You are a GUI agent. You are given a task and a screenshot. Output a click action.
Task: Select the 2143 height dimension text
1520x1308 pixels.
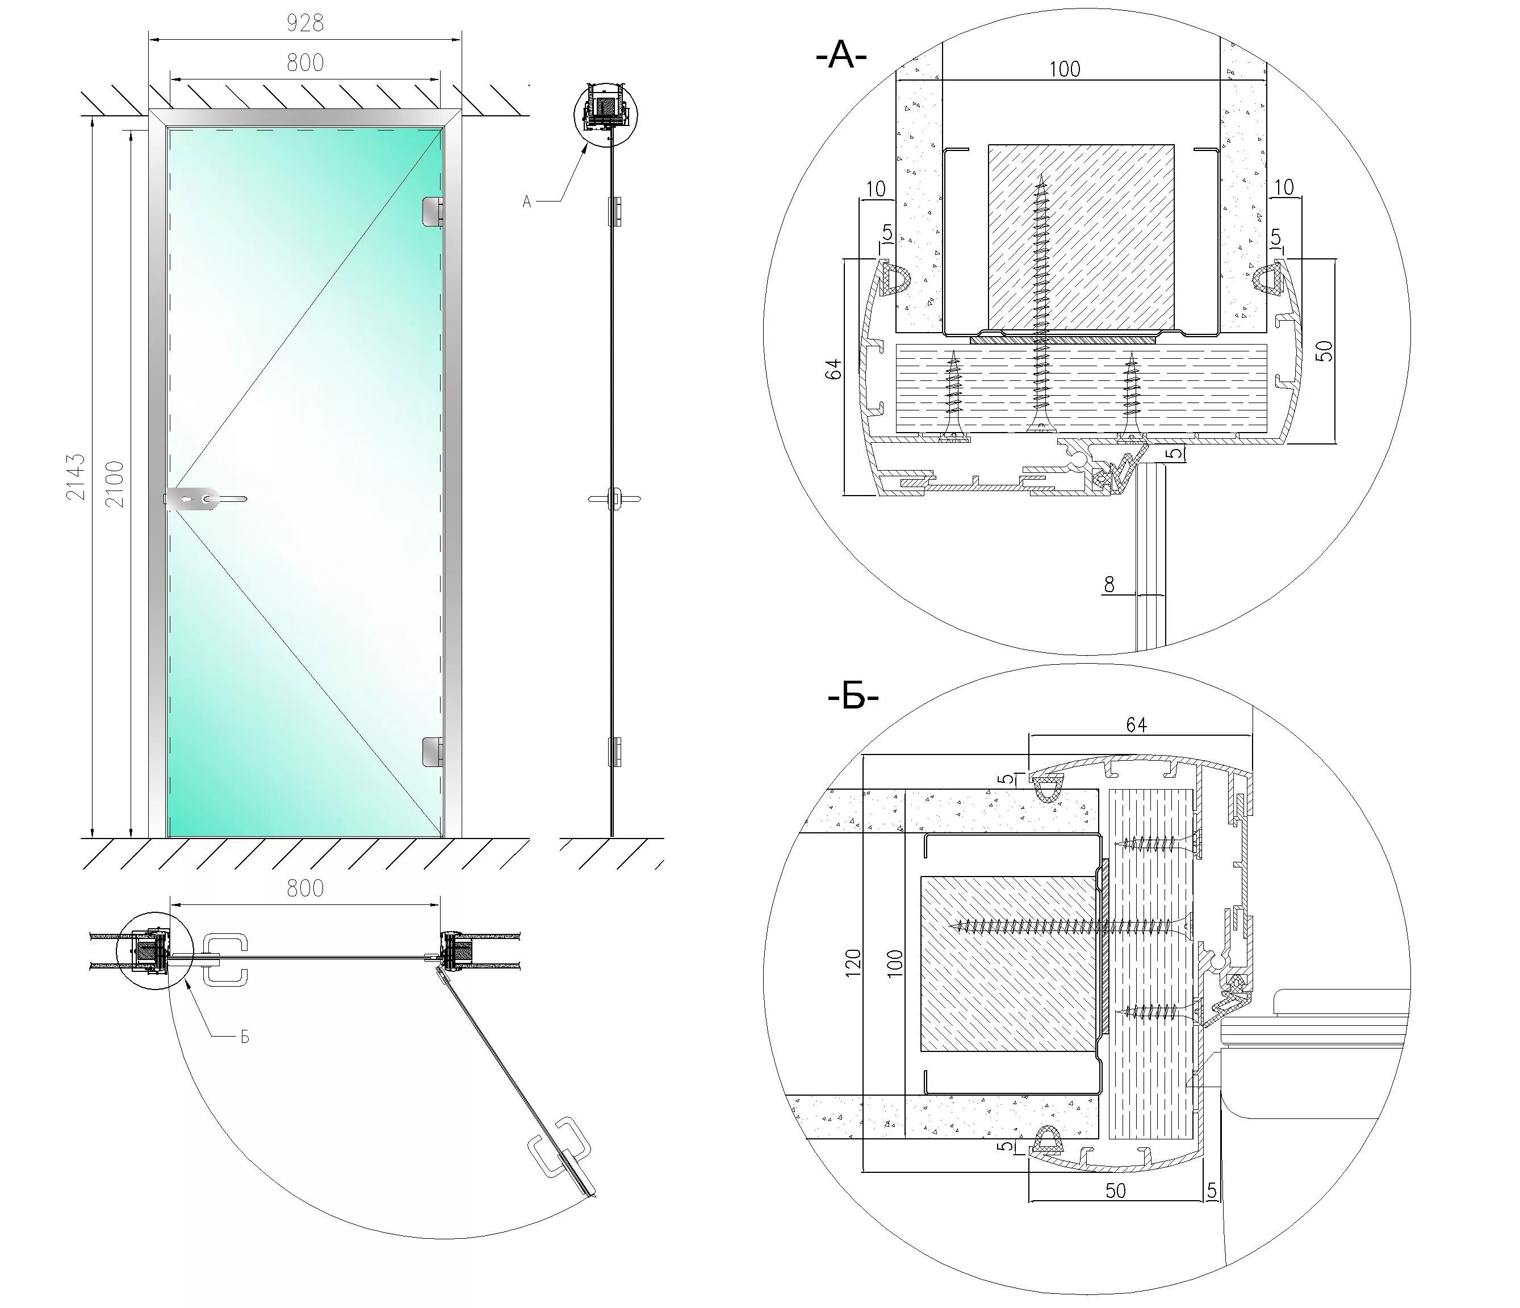(x=76, y=477)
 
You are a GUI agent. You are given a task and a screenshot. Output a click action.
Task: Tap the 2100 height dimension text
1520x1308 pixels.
(x=115, y=484)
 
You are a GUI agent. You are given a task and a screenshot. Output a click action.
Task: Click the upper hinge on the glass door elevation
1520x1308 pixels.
(x=432, y=211)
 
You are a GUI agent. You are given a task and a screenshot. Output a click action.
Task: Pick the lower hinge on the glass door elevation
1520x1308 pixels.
(x=432, y=751)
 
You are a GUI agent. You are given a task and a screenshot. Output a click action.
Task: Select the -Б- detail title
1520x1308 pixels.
(x=852, y=698)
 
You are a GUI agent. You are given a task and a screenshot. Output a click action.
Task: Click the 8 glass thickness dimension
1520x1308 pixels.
(x=1109, y=585)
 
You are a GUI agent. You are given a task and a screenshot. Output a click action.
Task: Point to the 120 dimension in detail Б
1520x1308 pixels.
(x=852, y=961)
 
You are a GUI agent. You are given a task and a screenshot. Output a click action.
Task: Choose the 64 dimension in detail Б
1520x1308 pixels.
(x=1136, y=726)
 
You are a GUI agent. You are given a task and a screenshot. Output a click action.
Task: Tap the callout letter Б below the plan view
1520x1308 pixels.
(x=245, y=1037)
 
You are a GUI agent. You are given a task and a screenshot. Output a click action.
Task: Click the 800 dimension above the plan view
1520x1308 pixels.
(x=304, y=888)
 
